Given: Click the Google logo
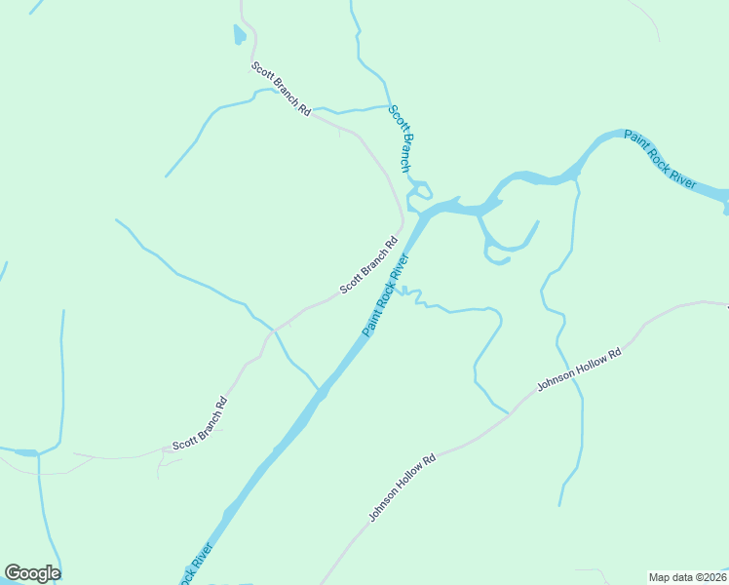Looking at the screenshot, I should (x=32, y=573).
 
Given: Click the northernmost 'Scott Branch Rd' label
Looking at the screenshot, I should (x=281, y=90).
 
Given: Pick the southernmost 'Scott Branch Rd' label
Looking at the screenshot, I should (x=200, y=424).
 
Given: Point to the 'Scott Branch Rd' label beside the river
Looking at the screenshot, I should (x=369, y=266).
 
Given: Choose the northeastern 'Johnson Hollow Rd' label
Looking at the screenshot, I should (x=579, y=370).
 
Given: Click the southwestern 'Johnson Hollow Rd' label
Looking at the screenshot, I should (x=402, y=486).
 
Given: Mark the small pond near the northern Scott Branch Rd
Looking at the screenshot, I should (x=240, y=36).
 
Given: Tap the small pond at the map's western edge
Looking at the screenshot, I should (x=23, y=452).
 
